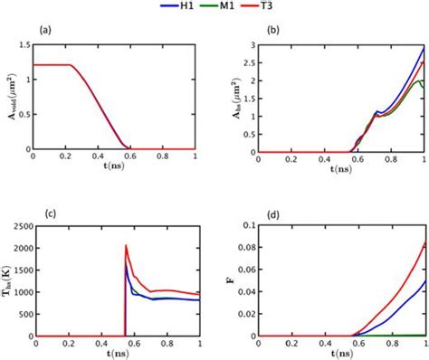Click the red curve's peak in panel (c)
pyautogui.click(x=126, y=245)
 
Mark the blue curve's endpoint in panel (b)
pyautogui.click(x=424, y=50)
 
